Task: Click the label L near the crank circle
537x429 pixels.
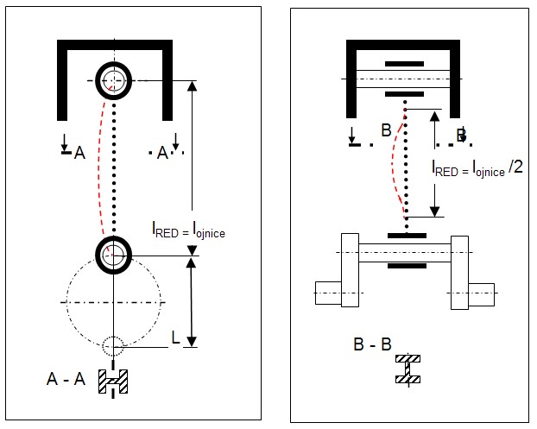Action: click(x=176, y=339)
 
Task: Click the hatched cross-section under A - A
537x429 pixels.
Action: click(x=113, y=381)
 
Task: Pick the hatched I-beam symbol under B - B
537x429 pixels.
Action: click(x=406, y=368)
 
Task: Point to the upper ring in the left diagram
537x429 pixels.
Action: click(x=113, y=81)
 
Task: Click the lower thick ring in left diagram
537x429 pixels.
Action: click(x=113, y=255)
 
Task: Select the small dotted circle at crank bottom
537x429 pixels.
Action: click(x=113, y=347)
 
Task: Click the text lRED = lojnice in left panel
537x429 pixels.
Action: click(x=188, y=230)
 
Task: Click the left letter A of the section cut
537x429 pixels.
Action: click(x=79, y=154)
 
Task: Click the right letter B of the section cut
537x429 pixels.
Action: click(x=462, y=135)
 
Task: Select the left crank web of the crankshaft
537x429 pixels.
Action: click(x=350, y=270)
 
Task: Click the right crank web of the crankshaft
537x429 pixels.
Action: click(x=458, y=270)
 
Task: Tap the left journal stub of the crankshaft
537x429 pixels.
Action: click(x=328, y=293)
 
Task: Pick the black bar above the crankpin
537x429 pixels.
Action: click(x=406, y=235)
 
